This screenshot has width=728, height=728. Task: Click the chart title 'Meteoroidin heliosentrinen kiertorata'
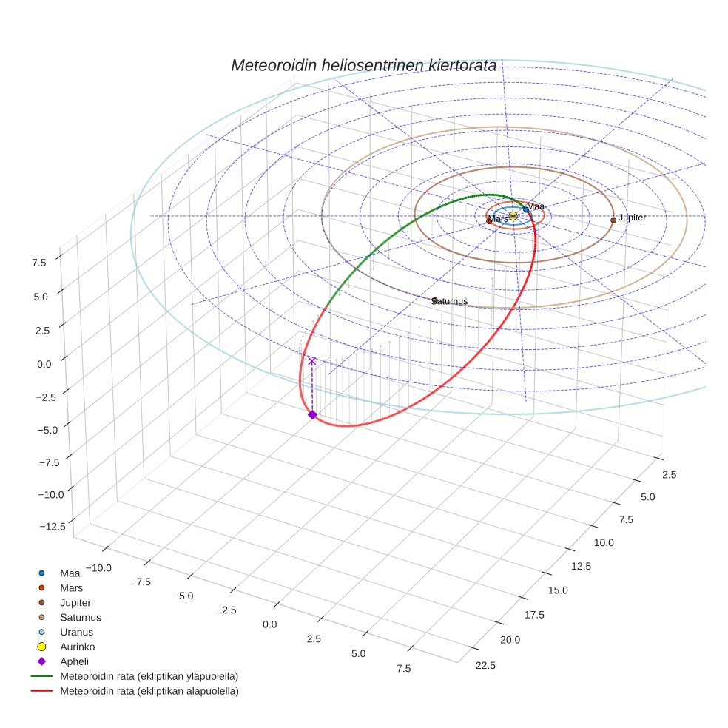pyautogui.click(x=363, y=65)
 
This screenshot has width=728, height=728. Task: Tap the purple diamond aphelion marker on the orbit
pyautogui.click(x=312, y=415)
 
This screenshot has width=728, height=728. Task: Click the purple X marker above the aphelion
pyautogui.click(x=312, y=361)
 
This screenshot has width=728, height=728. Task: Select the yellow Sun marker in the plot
pyautogui.click(x=513, y=216)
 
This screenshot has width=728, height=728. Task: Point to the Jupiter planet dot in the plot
pyautogui.click(x=613, y=220)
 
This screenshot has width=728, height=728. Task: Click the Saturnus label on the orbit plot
pyautogui.click(x=450, y=301)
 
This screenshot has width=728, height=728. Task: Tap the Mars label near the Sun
pyautogui.click(x=499, y=219)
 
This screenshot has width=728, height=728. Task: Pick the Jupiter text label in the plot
pyautogui.click(x=633, y=218)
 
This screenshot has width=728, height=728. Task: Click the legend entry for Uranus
pyautogui.click(x=76, y=632)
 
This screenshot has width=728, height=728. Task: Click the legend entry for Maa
pyautogui.click(x=70, y=573)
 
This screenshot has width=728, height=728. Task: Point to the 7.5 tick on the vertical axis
pyautogui.click(x=38, y=261)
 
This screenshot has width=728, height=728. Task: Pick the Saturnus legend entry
pyautogui.click(x=81, y=617)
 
